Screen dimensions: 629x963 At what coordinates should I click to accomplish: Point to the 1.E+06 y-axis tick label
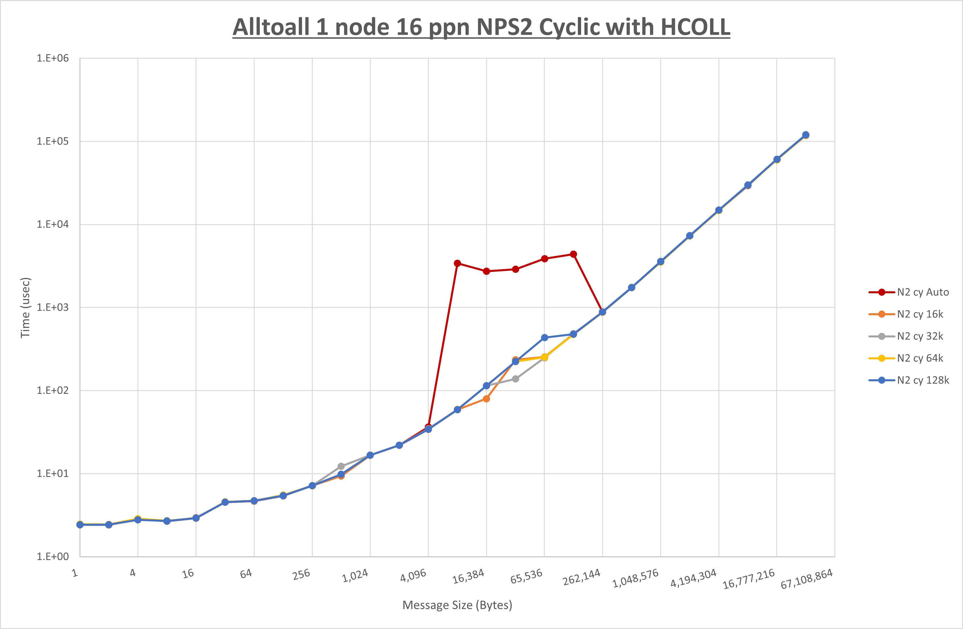point(53,58)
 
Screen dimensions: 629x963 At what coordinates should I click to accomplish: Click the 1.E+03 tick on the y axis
point(53,307)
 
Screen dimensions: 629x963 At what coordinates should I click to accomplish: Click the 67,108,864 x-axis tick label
point(806,579)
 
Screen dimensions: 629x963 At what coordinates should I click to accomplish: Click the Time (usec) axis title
point(25,307)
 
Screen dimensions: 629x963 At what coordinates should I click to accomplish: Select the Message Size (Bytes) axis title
point(457,605)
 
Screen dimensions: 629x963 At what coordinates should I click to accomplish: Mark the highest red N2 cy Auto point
point(573,254)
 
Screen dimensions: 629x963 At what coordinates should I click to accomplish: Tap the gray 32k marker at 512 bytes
point(341,466)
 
